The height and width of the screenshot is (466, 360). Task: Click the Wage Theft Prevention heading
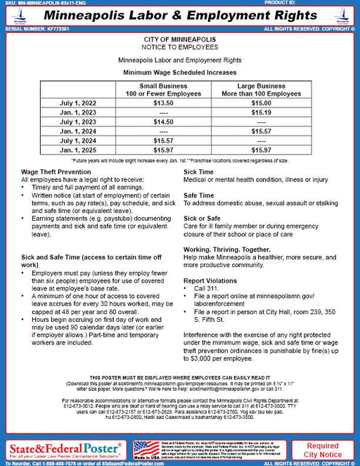(56, 171)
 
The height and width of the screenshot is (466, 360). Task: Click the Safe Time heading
(198, 195)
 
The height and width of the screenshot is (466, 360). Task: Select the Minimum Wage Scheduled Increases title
(180, 72)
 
